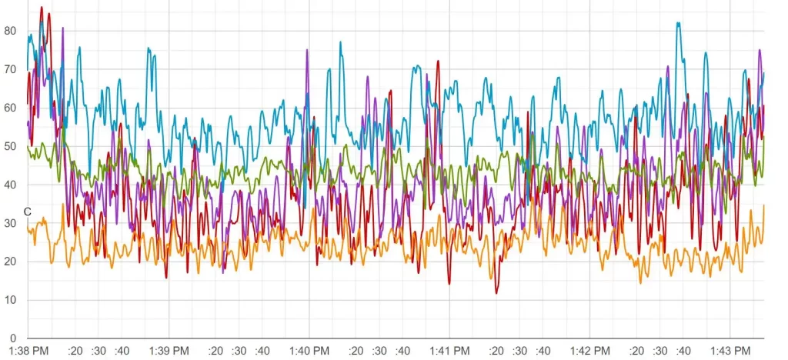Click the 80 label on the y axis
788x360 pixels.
pyautogui.click(x=10, y=32)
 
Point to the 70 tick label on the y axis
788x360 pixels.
pyautogui.click(x=10, y=70)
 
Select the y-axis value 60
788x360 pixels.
pyautogui.click(x=10, y=108)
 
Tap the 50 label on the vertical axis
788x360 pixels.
pyautogui.click(x=10, y=147)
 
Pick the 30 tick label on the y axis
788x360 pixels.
pyautogui.click(x=10, y=224)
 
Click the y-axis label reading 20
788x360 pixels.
pyautogui.click(x=10, y=262)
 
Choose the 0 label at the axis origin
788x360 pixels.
pyautogui.click(x=13, y=338)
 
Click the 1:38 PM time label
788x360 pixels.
pyautogui.click(x=28, y=351)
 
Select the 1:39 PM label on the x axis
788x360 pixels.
pyautogui.click(x=169, y=351)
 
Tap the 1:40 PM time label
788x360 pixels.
pyautogui.click(x=309, y=351)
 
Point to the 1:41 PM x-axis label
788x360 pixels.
pyautogui.click(x=449, y=351)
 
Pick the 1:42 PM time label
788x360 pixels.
pyautogui.click(x=589, y=351)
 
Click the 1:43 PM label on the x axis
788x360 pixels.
pyautogui.click(x=730, y=351)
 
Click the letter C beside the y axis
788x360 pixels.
pyautogui.click(x=27, y=212)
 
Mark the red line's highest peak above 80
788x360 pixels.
pyautogui.click(x=42, y=8)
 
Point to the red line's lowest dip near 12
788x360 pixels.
pyautogui.click(x=496, y=293)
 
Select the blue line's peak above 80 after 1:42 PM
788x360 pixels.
pyautogui.click(x=678, y=23)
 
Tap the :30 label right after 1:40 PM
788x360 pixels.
pyautogui.click(x=379, y=351)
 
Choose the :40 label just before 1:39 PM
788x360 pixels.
pyautogui.click(x=122, y=351)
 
